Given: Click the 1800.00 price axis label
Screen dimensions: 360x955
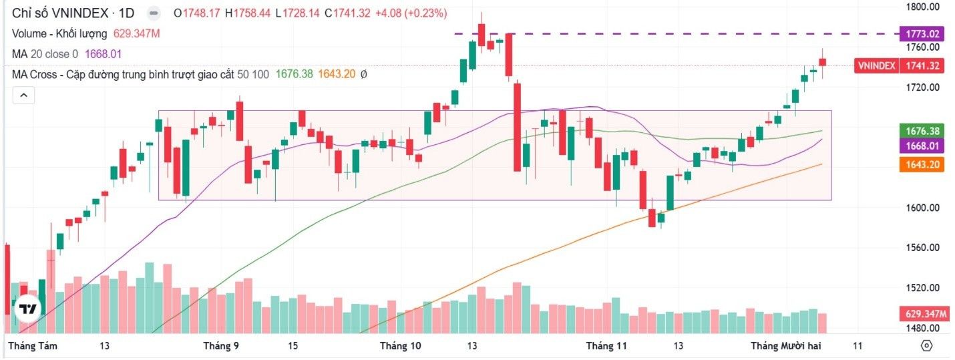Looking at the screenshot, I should click(x=922, y=7).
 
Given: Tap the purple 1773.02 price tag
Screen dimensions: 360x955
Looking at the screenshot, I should click(x=922, y=33).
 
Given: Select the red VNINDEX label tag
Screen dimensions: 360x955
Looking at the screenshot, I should click(x=876, y=65).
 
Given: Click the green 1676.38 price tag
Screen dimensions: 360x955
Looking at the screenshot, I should click(x=922, y=131).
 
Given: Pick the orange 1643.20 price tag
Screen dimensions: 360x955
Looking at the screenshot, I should click(x=922, y=164).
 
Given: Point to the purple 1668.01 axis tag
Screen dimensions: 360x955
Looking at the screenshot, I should click(x=922, y=146).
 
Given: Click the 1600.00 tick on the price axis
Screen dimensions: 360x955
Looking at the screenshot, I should click(x=922, y=208).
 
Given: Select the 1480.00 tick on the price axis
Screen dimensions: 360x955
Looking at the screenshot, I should click(x=922, y=328).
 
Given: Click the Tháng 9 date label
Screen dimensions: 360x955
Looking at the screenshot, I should click(x=221, y=346).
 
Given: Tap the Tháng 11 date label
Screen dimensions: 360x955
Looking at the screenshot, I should click(x=607, y=346).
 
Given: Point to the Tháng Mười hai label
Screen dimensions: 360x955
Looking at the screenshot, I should click(x=785, y=346).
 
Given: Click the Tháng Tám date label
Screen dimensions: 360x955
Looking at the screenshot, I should click(x=32, y=346).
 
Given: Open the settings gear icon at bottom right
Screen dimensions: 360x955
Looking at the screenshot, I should click(x=926, y=346).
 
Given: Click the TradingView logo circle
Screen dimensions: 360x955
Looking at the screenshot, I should click(x=28, y=309).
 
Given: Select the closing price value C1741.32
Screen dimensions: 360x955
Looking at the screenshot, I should click(x=347, y=13).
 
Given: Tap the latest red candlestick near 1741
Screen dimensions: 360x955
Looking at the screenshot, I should click(x=822, y=62).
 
